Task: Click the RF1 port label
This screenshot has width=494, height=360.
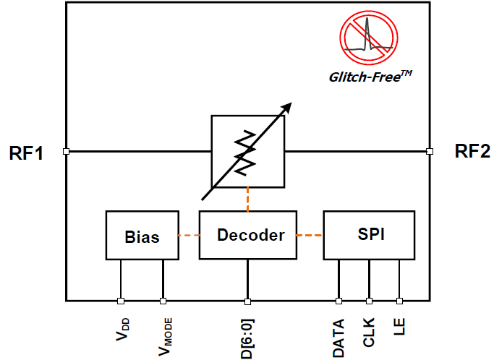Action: [x=27, y=153]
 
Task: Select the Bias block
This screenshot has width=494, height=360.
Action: [x=142, y=236]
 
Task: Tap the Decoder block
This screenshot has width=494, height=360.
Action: [x=247, y=235]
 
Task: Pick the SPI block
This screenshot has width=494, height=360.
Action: [x=369, y=235]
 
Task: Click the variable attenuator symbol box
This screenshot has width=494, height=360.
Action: [x=248, y=151]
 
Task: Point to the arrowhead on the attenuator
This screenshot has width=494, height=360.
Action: [x=286, y=108]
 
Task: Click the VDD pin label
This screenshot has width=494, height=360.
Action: [x=121, y=327]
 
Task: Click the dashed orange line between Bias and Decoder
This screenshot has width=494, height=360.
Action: [x=189, y=236]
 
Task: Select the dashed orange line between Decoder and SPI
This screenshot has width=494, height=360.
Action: [x=310, y=235]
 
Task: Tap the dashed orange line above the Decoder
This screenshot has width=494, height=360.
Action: [x=248, y=200]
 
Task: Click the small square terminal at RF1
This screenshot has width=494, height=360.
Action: [x=66, y=152]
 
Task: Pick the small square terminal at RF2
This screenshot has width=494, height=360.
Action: [x=429, y=152]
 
